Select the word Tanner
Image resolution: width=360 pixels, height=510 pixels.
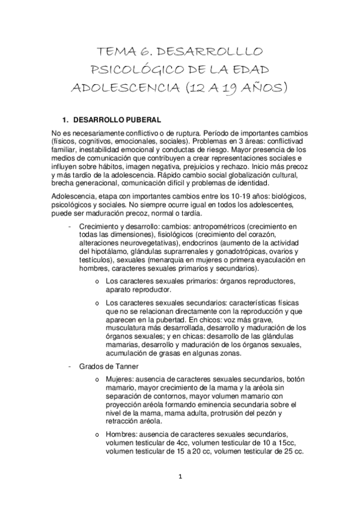click(124, 366)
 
